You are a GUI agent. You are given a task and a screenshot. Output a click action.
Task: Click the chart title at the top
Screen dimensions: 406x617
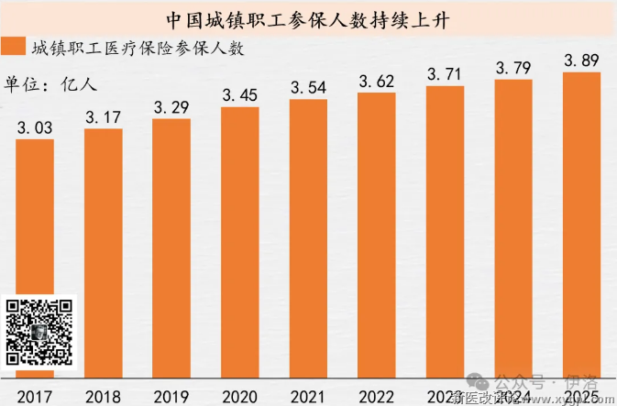308,18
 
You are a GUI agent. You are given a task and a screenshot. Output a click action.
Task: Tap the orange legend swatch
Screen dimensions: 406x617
15,49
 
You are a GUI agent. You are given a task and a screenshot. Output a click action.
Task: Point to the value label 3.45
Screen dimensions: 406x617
240,94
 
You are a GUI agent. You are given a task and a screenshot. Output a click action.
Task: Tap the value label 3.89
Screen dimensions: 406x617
581,60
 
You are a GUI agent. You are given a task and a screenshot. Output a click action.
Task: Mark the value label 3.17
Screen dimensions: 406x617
103,117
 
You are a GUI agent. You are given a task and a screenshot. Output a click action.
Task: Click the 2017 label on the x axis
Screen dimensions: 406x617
35,396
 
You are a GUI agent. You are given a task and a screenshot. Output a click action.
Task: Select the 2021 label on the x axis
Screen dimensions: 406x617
308,396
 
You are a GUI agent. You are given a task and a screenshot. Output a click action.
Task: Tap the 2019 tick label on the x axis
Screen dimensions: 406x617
171,396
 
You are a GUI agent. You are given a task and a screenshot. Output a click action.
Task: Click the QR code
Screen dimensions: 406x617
39,331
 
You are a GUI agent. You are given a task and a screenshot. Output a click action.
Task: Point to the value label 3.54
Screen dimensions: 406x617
308,87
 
